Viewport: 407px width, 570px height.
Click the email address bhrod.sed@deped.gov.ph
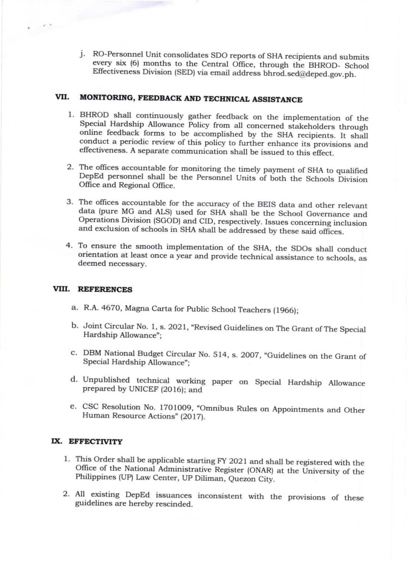pyautogui.click(x=309, y=74)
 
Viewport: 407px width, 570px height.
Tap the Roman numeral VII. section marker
pyautogui.click(x=62, y=97)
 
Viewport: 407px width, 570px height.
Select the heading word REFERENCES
pyautogui.click(x=105, y=289)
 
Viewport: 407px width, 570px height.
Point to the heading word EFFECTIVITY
pyautogui.click(x=95, y=442)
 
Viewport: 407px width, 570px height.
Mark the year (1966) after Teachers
pyautogui.click(x=285, y=310)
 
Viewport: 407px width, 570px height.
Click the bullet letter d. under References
pyautogui.click(x=74, y=379)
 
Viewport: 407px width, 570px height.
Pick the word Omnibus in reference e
pyautogui.click(x=215, y=408)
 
